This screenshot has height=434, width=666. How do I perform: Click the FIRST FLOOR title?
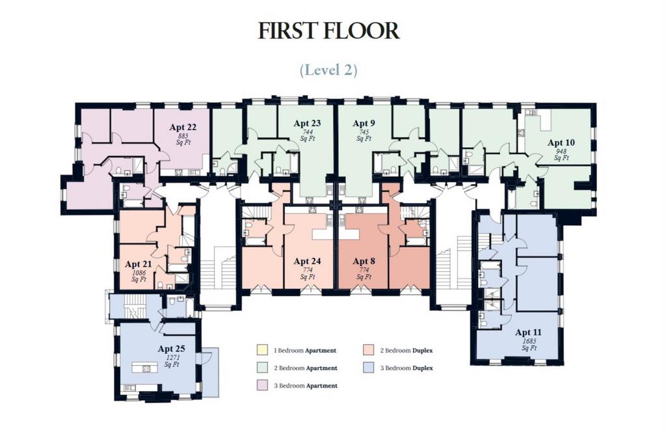point(328,31)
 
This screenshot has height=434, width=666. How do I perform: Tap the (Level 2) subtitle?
point(328,70)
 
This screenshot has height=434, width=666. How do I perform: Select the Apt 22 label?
point(183,127)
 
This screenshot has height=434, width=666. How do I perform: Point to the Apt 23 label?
point(307,123)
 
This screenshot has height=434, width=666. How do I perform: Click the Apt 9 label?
point(364,123)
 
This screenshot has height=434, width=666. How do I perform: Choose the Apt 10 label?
point(561,142)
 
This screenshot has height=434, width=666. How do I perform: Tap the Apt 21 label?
point(139,264)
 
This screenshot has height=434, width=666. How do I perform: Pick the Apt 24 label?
point(307,261)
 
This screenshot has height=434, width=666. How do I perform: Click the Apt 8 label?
point(364,261)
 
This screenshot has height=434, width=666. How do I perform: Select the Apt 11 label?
point(528,332)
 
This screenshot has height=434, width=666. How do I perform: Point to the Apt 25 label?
point(172,349)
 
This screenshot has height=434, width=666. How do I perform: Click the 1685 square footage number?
point(529,341)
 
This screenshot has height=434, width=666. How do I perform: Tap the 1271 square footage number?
point(172,357)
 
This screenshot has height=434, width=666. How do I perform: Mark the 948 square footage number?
point(561,152)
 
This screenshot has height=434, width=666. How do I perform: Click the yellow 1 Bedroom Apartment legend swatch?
point(262,350)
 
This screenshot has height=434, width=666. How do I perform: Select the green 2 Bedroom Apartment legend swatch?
point(262,368)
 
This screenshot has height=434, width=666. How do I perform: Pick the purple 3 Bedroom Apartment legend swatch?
point(262,386)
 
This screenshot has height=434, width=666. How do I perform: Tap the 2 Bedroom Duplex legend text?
point(406,351)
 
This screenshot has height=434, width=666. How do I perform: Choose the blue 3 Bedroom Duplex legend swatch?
point(369,368)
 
